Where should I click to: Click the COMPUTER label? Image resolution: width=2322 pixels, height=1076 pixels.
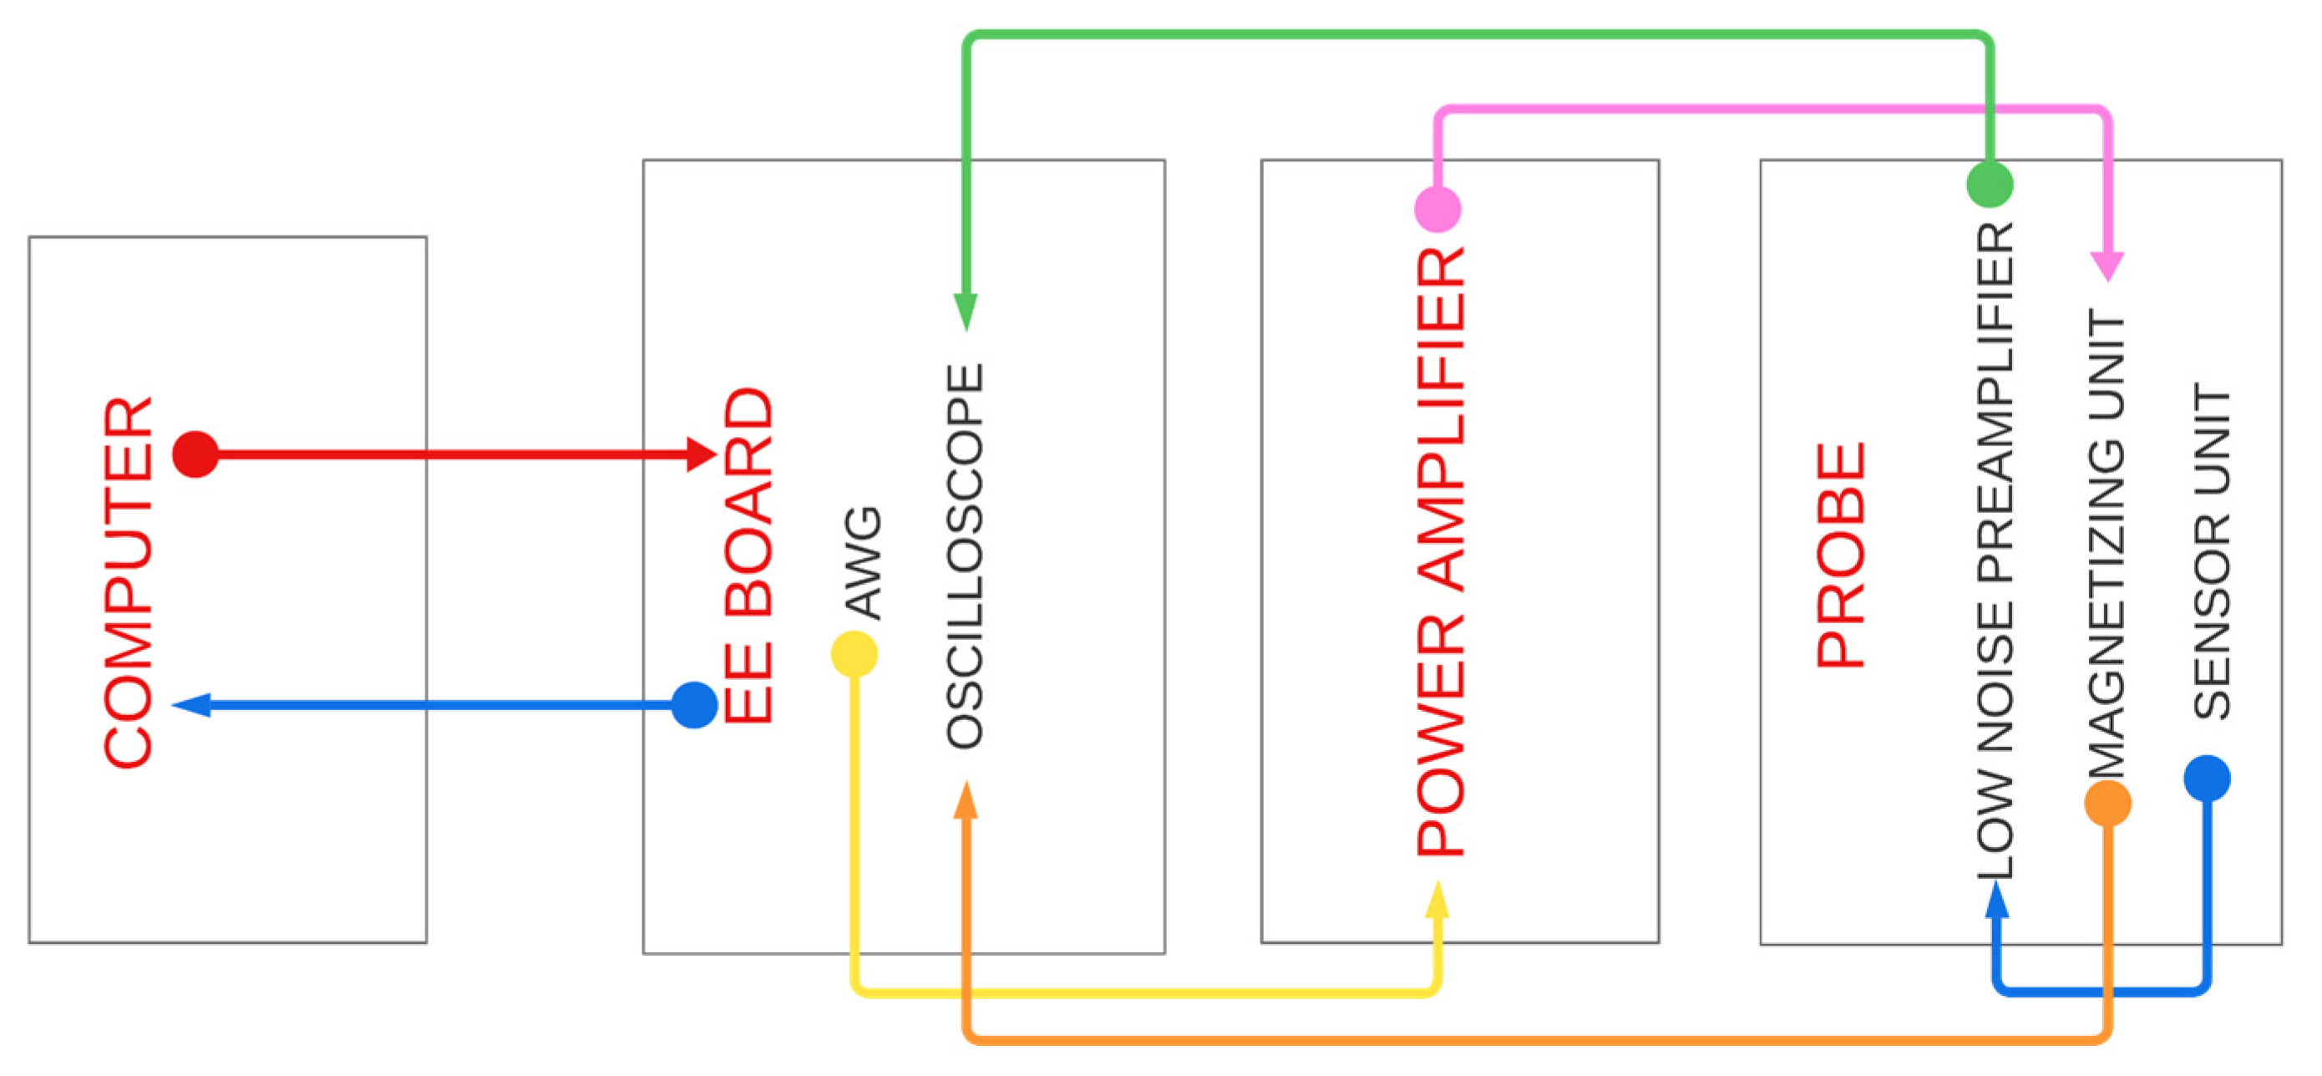tap(128, 582)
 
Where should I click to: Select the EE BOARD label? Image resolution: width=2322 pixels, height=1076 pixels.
tap(748, 556)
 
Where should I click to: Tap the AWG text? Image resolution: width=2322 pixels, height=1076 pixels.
tap(863, 563)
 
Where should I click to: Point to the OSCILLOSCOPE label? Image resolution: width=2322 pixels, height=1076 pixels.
tap(965, 556)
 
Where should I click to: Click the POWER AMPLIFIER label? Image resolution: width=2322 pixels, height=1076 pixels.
tap(1439, 551)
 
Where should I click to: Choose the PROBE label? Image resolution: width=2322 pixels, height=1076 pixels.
tap(1840, 556)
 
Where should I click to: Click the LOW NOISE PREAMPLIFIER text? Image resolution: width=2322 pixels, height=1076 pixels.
tap(1995, 551)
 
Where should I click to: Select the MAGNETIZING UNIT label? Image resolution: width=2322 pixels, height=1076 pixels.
tap(2107, 544)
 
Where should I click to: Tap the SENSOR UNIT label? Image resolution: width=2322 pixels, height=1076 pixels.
tap(2211, 551)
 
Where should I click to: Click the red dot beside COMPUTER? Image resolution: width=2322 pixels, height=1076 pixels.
tap(195, 454)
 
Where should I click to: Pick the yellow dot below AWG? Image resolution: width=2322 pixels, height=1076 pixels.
tap(854, 654)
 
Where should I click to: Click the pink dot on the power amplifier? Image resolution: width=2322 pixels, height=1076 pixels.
tap(1437, 209)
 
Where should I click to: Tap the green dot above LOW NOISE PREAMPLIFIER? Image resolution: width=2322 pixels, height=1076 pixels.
tap(1990, 184)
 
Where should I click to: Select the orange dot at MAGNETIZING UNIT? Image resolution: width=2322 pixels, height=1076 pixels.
tap(2107, 803)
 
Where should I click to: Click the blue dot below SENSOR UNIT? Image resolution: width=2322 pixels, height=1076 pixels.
tap(2207, 779)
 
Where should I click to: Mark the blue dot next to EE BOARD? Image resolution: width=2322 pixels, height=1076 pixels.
tap(694, 704)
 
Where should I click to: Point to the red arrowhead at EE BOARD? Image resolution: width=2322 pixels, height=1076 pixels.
tap(701, 454)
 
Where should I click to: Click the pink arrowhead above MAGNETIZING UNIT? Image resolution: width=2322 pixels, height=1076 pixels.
tap(2107, 266)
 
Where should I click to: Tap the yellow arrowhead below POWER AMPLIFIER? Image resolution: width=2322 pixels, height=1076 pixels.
tap(1437, 900)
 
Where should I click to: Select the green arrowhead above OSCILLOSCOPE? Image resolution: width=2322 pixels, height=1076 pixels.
tap(966, 311)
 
